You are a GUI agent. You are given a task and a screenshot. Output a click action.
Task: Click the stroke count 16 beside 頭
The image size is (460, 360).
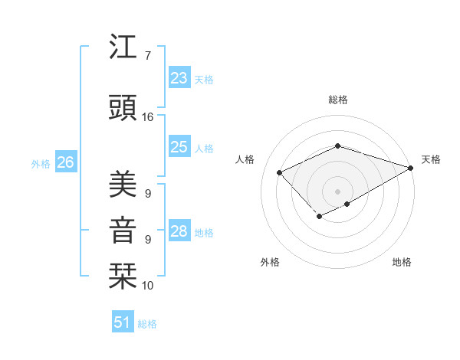[x=148, y=117]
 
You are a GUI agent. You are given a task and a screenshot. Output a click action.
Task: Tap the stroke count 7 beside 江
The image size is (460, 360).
[x=147, y=56]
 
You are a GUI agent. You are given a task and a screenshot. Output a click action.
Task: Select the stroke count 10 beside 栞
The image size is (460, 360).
[x=148, y=286]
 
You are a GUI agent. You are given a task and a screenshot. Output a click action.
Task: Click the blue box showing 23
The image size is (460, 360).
[x=179, y=78]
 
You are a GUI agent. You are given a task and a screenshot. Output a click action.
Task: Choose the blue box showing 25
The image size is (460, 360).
[x=179, y=147]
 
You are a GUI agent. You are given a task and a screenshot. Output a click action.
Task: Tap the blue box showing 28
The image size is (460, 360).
[x=179, y=231]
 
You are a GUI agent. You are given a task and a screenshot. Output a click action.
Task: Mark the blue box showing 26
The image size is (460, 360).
[x=65, y=162]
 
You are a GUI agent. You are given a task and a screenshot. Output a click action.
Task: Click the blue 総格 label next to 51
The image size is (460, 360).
[x=147, y=324]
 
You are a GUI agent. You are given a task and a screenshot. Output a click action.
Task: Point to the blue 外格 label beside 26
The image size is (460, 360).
[x=41, y=163]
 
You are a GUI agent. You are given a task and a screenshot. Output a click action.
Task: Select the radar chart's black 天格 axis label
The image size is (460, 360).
[x=431, y=159]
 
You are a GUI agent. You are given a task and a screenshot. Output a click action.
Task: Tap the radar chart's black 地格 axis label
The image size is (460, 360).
[x=402, y=262]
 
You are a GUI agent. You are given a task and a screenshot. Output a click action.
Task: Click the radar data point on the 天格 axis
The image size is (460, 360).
[x=412, y=167]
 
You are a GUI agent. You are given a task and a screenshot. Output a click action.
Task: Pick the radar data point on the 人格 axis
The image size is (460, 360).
[x=280, y=172]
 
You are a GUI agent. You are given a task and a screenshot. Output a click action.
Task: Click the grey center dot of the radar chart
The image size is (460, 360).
[x=337, y=191]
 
